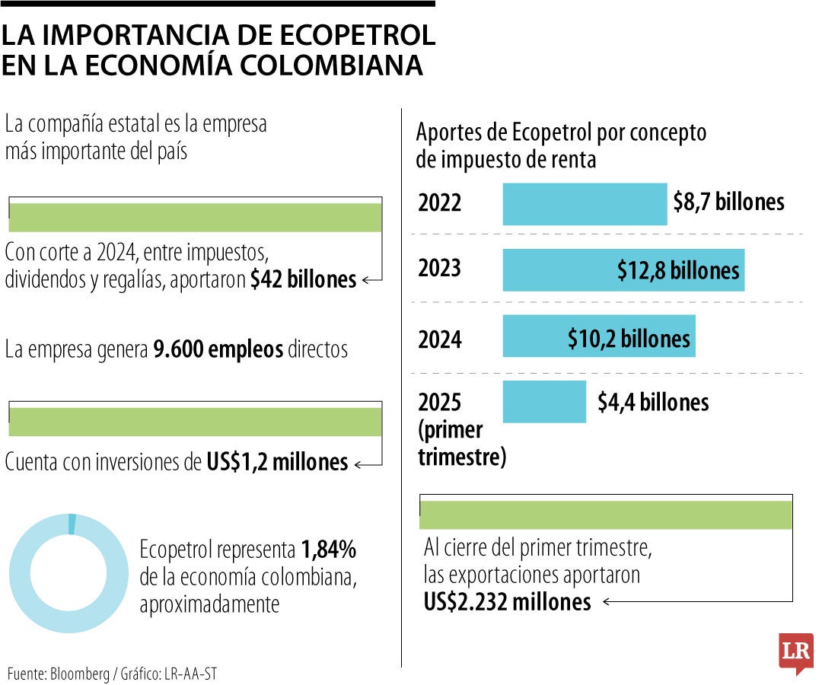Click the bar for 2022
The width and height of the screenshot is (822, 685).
coord(585,204)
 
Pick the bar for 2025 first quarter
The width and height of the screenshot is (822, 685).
coord(544,402)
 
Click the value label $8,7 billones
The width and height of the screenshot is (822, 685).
coord(728,202)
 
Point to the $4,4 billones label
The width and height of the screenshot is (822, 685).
coord(652,402)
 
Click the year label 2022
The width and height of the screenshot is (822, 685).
coord(440,204)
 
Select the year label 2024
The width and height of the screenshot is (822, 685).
coord(440,339)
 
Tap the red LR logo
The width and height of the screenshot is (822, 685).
coord(795,652)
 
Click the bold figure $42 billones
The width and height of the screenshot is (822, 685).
coord(303,280)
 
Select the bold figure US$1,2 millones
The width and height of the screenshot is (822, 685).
coord(277,462)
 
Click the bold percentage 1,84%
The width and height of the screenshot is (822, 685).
coord(329,550)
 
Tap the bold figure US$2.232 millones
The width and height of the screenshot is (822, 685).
coord(507,602)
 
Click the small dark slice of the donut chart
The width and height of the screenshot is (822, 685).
coord(72,524)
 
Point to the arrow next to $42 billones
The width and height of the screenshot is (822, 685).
coord(371,280)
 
